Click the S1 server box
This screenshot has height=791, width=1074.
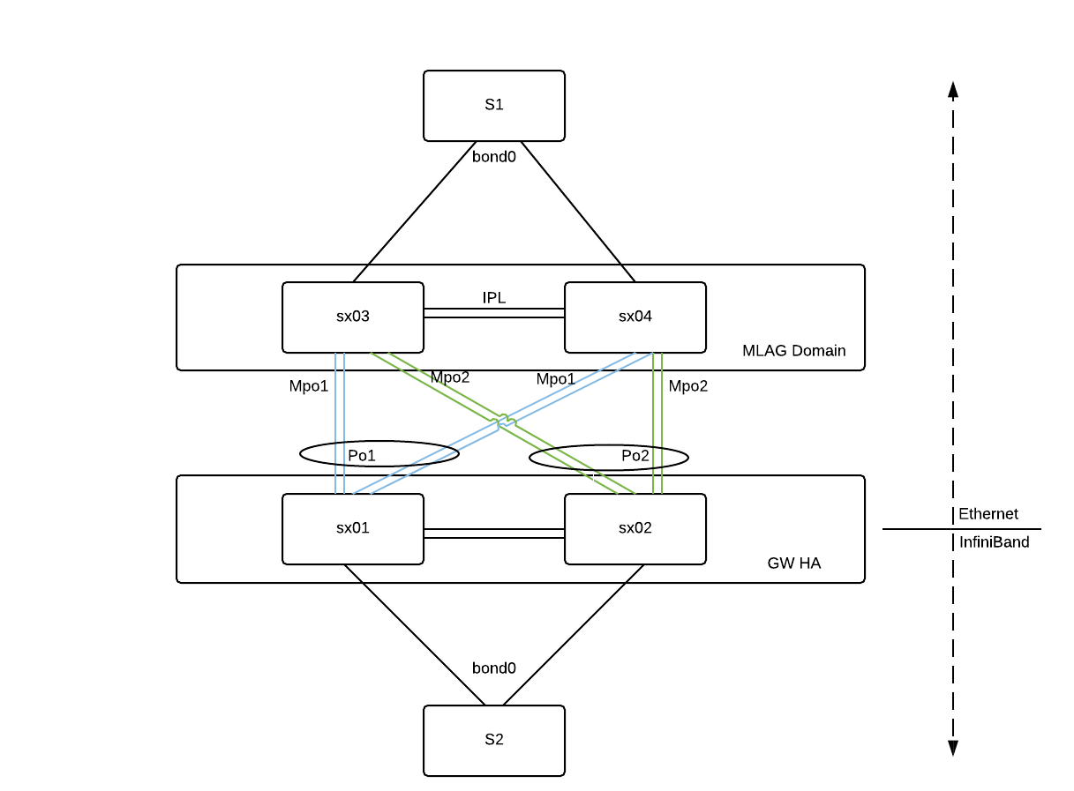coord(493,105)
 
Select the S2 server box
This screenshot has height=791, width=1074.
coord(493,740)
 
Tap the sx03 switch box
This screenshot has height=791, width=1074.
coord(352,317)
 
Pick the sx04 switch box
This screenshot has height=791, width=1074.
coord(635,317)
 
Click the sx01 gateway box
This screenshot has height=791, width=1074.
coord(352,528)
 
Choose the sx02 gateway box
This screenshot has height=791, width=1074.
coord(635,528)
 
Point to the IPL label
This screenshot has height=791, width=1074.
coord(494,297)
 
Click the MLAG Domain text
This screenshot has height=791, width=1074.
coord(793,351)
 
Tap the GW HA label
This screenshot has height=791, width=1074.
coord(793,563)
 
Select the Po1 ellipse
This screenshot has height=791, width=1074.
coord(379,454)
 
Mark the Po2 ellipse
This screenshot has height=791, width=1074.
coord(609,457)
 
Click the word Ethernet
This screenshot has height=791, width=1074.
coord(988,514)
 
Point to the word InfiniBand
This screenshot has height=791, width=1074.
coord(994,542)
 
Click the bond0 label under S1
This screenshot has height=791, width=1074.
coord(493,157)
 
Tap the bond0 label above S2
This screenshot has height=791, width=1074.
coord(493,668)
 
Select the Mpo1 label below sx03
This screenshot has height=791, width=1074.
coord(309,386)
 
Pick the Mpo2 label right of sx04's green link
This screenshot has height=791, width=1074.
coord(687,386)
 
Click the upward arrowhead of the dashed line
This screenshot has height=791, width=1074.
coord(952,88)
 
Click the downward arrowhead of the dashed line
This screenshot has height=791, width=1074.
coord(952,748)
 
